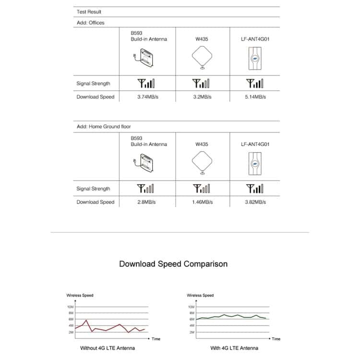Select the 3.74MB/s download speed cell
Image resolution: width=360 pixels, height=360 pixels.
point(149,97)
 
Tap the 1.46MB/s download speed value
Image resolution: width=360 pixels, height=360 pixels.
point(202,202)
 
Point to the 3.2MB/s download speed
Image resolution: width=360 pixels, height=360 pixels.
point(202,97)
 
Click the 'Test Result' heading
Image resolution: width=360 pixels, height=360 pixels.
point(89,12)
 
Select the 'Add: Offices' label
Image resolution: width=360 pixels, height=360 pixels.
point(90,23)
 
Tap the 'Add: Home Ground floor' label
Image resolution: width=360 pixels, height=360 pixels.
point(104,127)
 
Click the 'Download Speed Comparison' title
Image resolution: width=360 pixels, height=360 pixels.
point(173,264)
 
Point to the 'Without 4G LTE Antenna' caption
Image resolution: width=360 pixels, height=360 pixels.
point(107,348)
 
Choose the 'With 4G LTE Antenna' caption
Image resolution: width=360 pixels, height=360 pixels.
point(234,348)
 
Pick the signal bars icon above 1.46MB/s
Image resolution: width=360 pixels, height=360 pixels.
point(202,188)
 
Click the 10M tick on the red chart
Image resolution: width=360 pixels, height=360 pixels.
point(71,306)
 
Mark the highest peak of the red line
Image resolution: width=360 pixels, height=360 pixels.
point(86,320)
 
